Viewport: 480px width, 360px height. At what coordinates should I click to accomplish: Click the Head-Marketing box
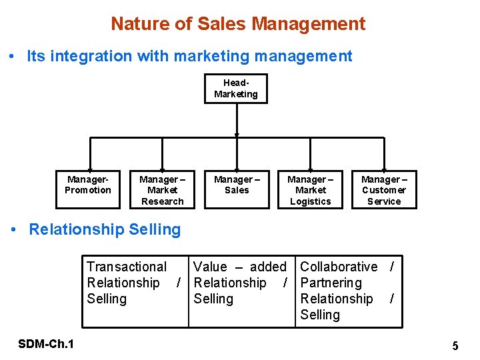pyautogui.click(x=236, y=89)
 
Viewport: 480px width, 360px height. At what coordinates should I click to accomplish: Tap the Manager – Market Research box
pyautogui.click(x=162, y=190)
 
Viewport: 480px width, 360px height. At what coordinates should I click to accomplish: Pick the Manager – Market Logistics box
pyautogui.click(x=310, y=190)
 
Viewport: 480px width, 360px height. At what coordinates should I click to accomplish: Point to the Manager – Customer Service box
pyautogui.click(x=384, y=190)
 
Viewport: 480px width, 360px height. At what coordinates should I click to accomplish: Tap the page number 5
pyautogui.click(x=455, y=346)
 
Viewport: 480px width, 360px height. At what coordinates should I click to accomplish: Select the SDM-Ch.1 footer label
pyautogui.click(x=47, y=344)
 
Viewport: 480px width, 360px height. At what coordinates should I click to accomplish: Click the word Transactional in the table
pyautogui.click(x=127, y=267)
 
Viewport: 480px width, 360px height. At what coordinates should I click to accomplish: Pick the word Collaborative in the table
pyautogui.click(x=339, y=267)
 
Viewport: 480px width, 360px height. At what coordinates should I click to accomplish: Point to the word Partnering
pyautogui.click(x=331, y=283)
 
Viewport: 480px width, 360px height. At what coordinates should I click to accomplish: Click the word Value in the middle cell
pyautogui.click(x=210, y=267)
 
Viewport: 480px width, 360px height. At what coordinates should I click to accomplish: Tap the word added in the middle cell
pyautogui.click(x=268, y=267)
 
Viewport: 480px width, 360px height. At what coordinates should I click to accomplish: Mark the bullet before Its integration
pyautogui.click(x=15, y=57)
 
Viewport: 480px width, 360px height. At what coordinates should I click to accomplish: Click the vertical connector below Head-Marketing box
pyautogui.click(x=237, y=120)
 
